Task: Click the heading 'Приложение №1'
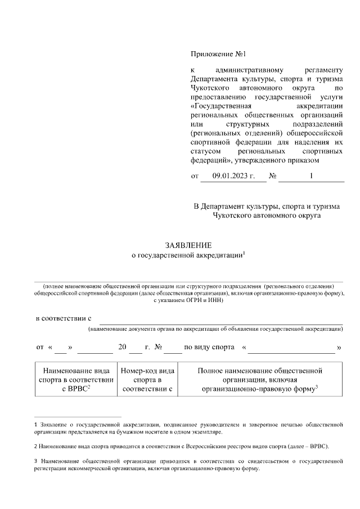219,54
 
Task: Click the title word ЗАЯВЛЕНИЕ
188,245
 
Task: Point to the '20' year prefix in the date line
123,347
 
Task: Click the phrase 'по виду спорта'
209,347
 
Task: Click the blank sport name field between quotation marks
291,348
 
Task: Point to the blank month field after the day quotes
94,348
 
